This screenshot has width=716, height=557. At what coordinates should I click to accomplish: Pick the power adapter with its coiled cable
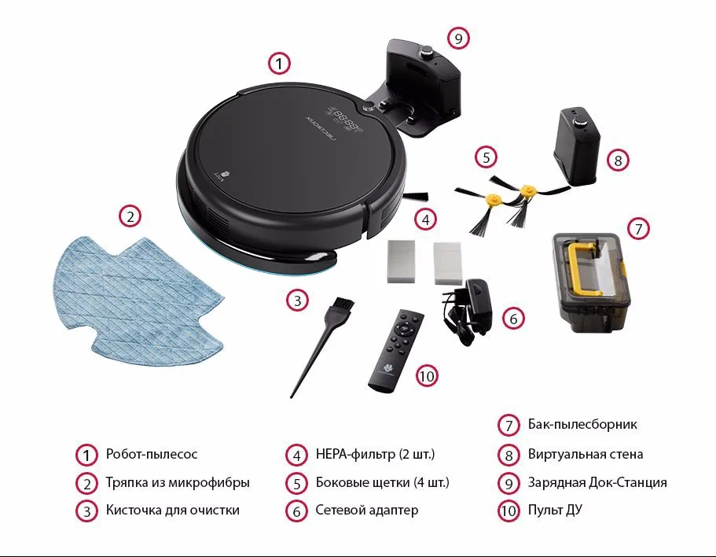(466, 312)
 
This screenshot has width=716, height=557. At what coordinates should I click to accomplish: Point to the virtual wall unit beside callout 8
(576, 146)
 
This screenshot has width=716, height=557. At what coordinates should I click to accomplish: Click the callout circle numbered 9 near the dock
(458, 39)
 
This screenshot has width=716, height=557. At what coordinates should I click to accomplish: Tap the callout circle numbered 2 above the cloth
(130, 216)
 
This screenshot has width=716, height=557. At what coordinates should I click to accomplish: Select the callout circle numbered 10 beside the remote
(427, 376)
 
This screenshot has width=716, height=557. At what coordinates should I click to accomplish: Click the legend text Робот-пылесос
(152, 454)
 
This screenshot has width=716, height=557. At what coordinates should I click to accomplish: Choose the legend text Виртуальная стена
(586, 454)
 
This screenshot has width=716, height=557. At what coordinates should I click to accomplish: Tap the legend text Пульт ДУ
(555, 510)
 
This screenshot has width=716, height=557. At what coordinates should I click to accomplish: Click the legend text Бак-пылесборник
(582, 424)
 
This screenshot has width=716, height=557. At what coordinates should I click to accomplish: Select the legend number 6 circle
(297, 511)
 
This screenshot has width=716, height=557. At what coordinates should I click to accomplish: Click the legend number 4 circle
(297, 455)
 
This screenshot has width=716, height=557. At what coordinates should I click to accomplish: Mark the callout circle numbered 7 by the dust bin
(638, 228)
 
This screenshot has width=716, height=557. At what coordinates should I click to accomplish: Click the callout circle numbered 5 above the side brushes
(486, 157)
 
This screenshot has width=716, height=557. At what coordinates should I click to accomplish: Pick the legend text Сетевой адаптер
(367, 510)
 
